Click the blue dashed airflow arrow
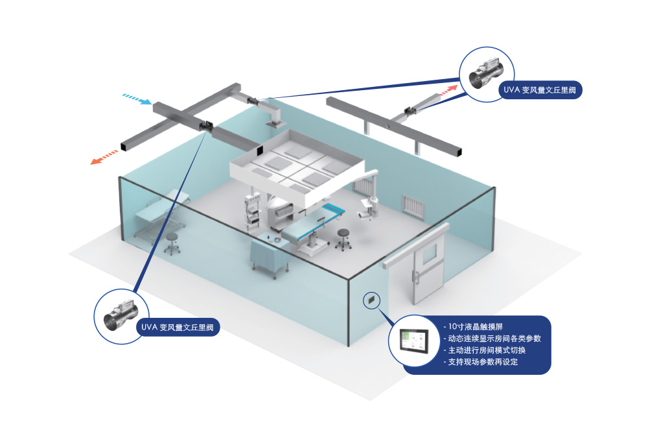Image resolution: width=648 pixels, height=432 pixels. tap(137, 99)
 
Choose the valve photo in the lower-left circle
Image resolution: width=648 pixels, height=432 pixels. tap(119, 315)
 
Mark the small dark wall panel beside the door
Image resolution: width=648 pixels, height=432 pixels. tap(371, 300)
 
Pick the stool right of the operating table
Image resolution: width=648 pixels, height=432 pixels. tap(341, 238)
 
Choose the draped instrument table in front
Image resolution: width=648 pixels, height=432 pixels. tap(267, 256)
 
